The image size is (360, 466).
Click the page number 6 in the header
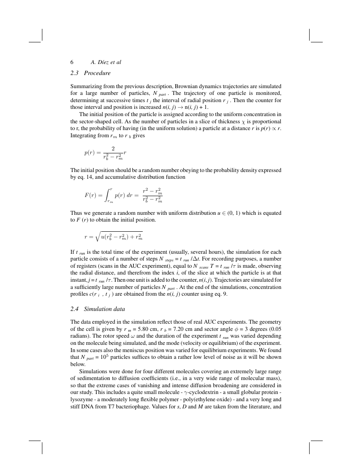pos(72,62)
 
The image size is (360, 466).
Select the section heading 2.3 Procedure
pos(91,73)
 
